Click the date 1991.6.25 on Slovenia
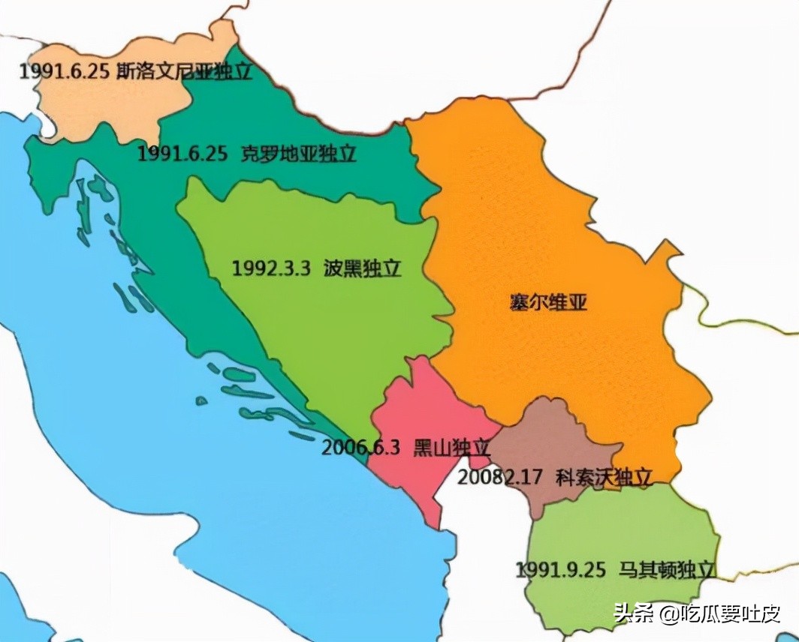[65, 72]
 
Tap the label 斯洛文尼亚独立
[185, 72]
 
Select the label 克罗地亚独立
[298, 154]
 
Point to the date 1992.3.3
[271, 268]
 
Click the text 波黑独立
[363, 268]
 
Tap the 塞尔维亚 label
[548, 303]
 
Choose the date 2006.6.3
[360, 448]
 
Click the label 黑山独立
[451, 448]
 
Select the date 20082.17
[500, 476]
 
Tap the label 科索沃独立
[603, 476]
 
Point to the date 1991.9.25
[560, 569]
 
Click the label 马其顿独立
[666, 569]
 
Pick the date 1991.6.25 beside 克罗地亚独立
[182, 154]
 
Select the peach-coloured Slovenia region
[105, 105]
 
